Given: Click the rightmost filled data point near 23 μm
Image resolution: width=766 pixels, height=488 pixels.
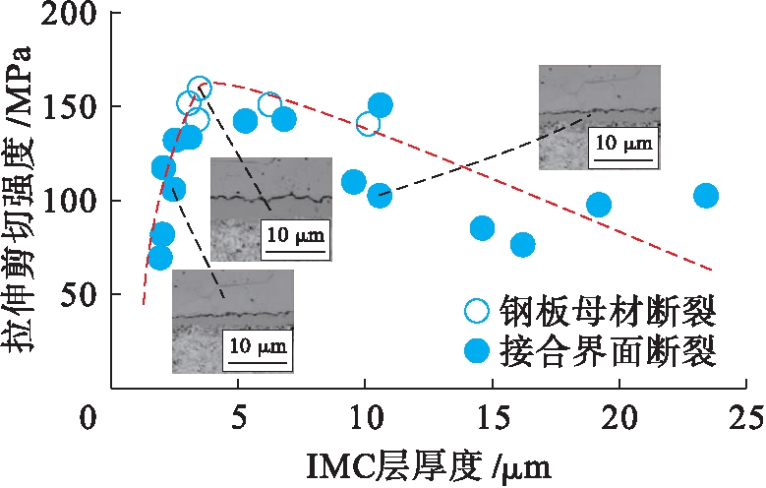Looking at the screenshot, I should [705, 196].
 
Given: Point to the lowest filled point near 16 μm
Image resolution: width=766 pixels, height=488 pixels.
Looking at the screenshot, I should [522, 244].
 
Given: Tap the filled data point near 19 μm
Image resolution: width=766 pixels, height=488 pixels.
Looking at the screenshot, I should [599, 205].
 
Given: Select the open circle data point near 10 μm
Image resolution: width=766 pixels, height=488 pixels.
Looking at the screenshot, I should [368, 124].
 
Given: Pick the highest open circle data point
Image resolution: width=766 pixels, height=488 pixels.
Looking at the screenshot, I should [199, 89].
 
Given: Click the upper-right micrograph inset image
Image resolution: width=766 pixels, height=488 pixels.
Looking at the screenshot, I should [600, 117].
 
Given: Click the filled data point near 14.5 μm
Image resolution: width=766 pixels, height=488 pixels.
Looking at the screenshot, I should [482, 228].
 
